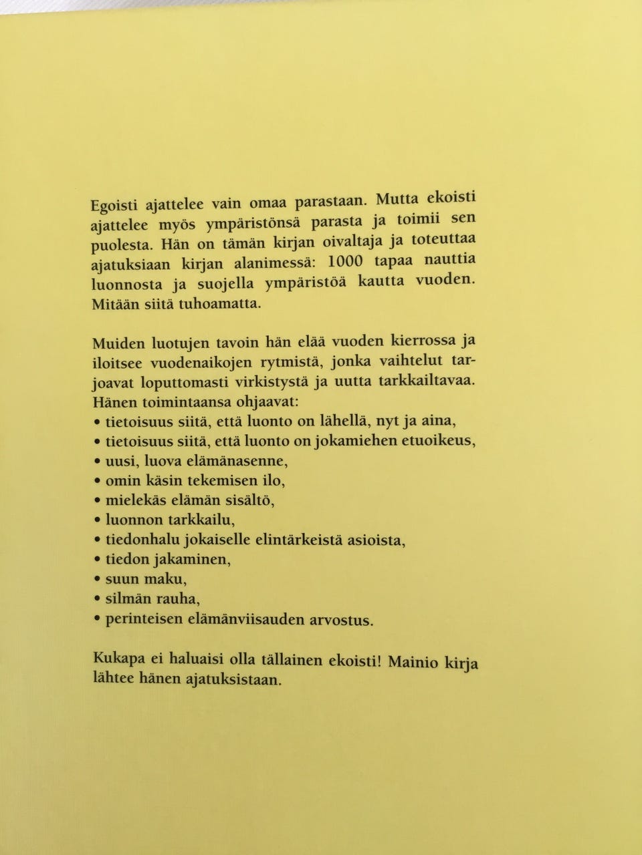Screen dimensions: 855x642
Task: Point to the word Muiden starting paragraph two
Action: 115,345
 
